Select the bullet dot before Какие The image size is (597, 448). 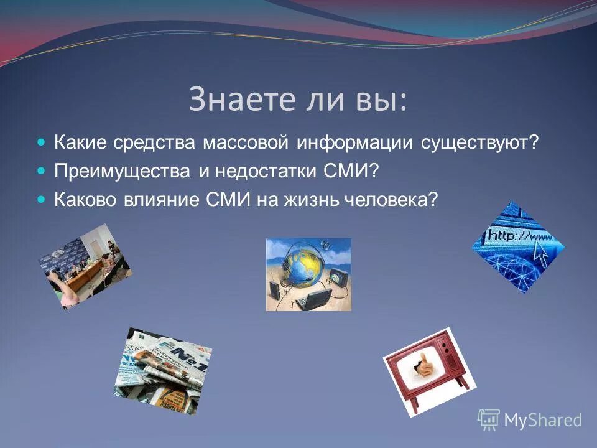tap(42, 143)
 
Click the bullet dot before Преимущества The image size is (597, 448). tap(42, 172)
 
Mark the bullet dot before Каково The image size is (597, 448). tap(42, 200)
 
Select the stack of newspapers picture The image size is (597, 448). tap(163, 371)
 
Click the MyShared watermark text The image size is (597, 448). tap(542, 421)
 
